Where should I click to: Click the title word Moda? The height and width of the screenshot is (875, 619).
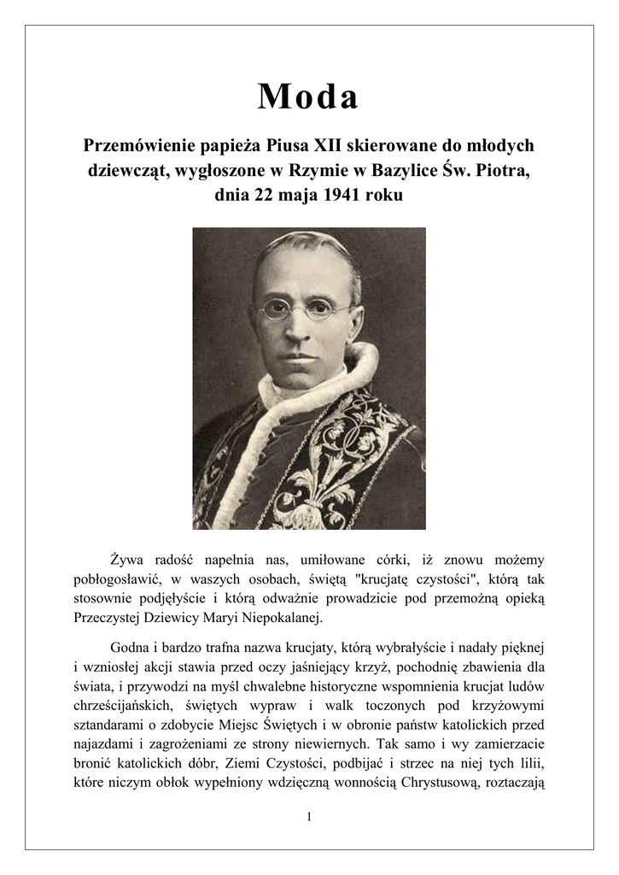pos(308,97)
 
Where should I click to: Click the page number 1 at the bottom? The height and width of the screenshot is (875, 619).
pos(309,817)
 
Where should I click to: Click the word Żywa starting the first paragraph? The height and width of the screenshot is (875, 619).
pos(129,560)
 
